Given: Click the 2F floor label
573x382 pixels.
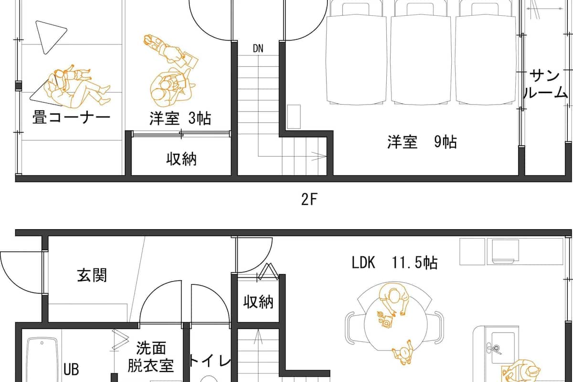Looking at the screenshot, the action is (309, 199).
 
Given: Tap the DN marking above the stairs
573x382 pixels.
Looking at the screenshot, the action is (258, 48).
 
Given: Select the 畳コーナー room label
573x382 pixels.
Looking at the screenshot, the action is (71, 117).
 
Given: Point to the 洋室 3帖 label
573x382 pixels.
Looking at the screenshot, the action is (180, 118).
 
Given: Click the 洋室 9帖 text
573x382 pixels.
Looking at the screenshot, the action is (422, 142).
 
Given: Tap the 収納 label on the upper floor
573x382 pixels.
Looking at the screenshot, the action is (181, 159).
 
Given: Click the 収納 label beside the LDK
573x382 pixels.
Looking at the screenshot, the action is (258, 302).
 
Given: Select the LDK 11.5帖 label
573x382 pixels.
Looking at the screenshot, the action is (394, 263).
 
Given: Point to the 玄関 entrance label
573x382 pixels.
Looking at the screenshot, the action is (92, 276).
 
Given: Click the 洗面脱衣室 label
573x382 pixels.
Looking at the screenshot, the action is (151, 357).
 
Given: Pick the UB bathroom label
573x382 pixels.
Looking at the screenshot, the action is (71, 370).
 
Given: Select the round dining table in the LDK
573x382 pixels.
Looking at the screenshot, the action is (395, 324).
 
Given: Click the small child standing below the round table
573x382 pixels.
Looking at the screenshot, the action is (403, 352).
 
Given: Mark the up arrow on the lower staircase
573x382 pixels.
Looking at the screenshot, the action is (258, 337).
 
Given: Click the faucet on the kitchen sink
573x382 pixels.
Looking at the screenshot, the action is (493, 348).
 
